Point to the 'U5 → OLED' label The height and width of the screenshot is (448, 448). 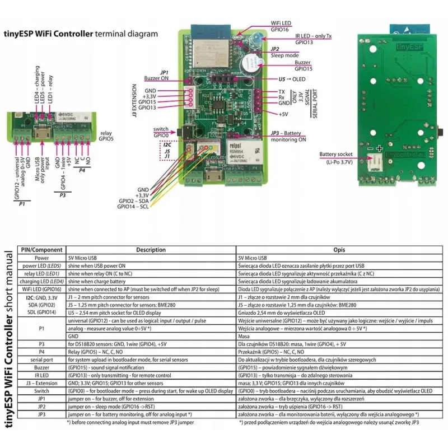point(292,80)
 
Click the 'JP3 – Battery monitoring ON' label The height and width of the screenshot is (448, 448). point(288,136)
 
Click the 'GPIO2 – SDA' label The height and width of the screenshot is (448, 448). point(134,200)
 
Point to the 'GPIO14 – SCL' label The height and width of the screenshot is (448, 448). point(133,207)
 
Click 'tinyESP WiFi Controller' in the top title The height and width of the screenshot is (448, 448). point(48,34)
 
